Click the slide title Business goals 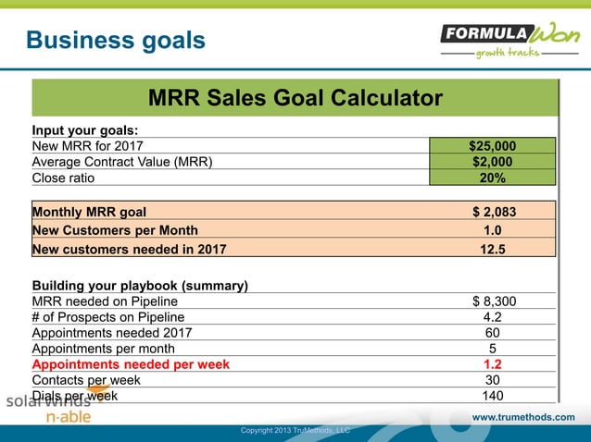[115, 40]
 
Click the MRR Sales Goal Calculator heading [295, 97]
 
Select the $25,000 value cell [492, 145]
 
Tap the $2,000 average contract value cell [492, 162]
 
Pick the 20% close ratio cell [492, 178]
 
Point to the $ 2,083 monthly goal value [494, 211]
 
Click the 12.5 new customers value [493, 248]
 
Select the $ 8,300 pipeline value [494, 301]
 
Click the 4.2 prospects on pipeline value [493, 317]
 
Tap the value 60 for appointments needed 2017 [493, 333]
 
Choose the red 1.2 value [493, 364]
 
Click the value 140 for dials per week [493, 396]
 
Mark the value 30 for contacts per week [493, 380]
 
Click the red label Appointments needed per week [131, 364]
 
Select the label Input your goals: [85, 129]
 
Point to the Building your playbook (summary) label [140, 285]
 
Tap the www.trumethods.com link [523, 417]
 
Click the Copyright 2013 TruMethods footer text [295, 430]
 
